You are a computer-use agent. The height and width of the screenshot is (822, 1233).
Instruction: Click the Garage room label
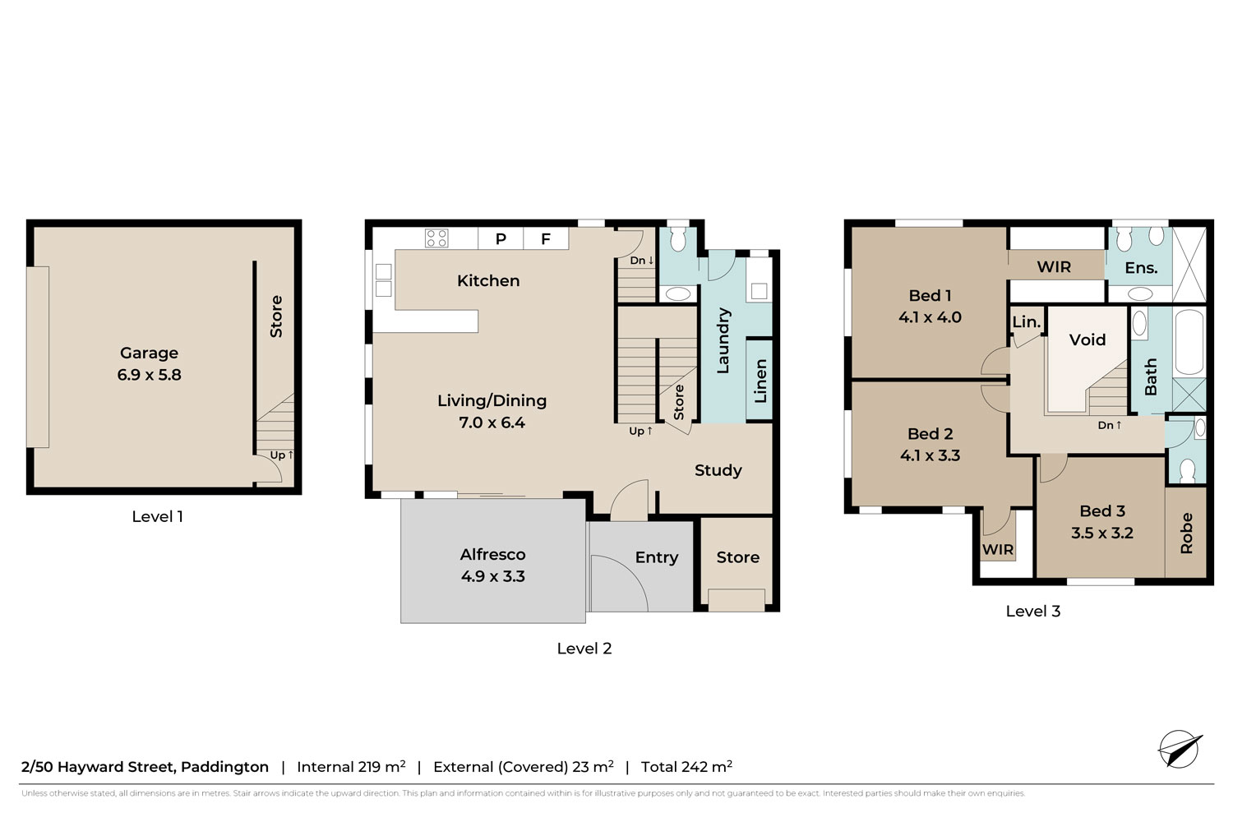point(149,353)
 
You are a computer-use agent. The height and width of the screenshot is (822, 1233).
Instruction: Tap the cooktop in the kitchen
point(436,238)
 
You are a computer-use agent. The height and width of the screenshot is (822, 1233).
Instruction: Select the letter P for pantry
point(501,239)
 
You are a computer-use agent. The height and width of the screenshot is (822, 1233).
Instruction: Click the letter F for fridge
point(546,239)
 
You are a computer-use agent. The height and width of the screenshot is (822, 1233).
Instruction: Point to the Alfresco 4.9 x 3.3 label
point(492,565)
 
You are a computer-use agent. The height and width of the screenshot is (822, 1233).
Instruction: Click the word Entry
point(656,557)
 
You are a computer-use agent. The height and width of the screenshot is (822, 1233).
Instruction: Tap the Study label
point(718,470)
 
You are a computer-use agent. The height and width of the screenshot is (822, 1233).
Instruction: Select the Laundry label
point(723,341)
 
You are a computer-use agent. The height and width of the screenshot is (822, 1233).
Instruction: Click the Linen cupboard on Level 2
point(760,381)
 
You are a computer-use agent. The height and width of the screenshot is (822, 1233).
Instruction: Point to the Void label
point(1088,339)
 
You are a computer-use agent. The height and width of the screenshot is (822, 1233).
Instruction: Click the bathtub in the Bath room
point(1189,342)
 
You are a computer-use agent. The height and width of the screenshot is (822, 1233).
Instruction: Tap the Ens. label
point(1141,268)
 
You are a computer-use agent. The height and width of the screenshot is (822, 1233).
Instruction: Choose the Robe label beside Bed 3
point(1186,533)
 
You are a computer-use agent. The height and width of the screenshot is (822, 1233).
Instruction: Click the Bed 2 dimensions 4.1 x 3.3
point(930,455)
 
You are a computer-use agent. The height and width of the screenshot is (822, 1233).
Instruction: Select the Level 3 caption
point(1032,611)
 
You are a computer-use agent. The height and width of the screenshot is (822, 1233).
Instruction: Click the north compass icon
point(1179,749)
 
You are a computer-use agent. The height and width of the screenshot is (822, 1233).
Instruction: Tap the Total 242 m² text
point(686,766)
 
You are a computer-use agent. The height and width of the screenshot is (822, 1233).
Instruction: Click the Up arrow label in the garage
point(282,455)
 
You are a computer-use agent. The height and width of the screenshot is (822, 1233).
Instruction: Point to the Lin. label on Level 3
point(1027,322)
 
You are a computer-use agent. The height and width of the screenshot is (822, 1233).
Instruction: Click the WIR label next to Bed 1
point(1054,267)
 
